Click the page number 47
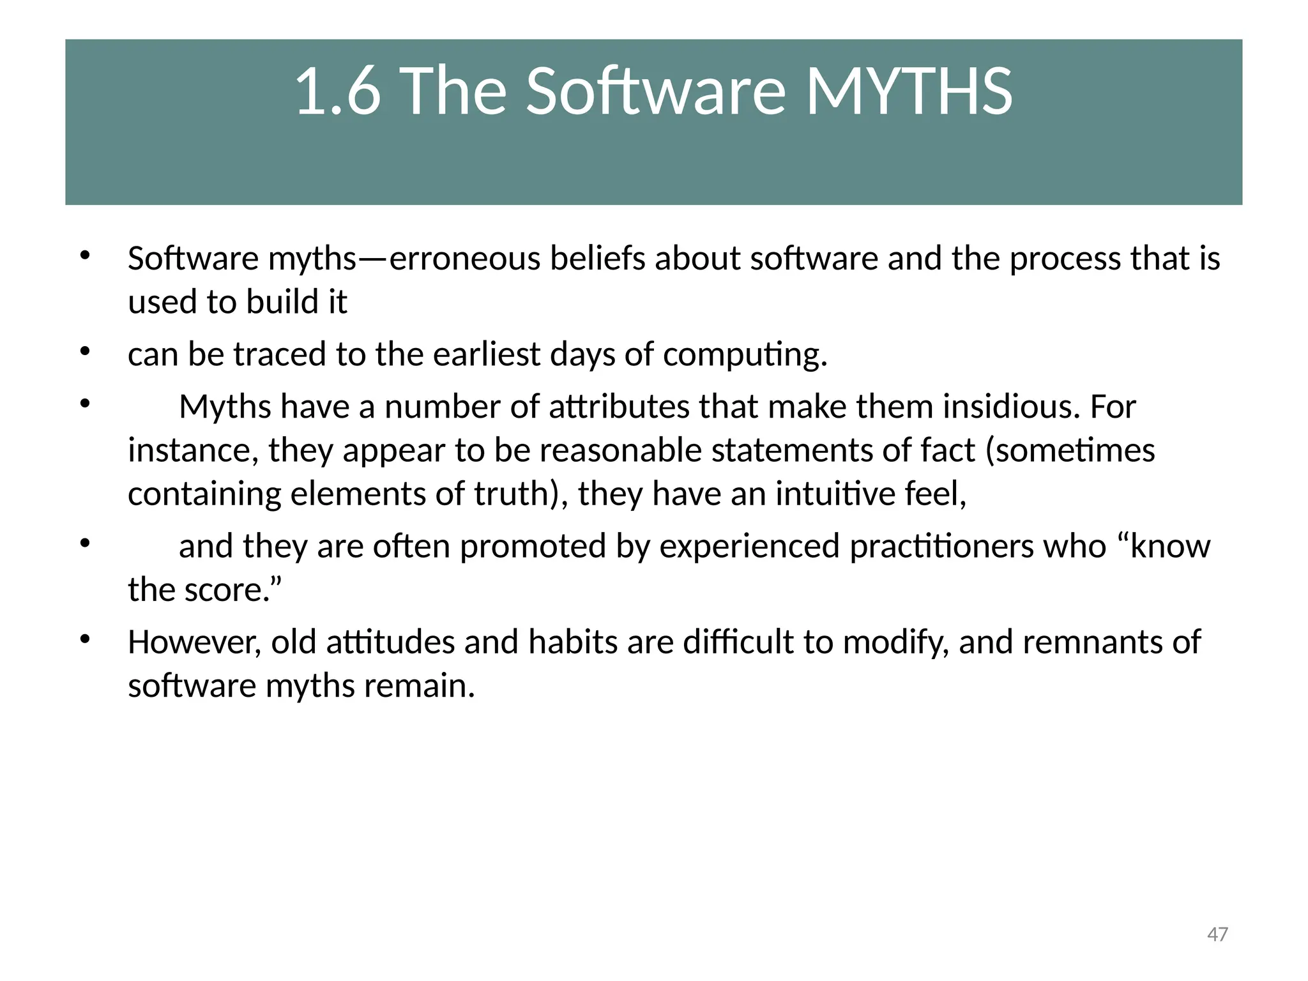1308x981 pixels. (x=1217, y=934)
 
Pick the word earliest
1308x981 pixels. (x=487, y=354)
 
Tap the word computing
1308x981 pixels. (x=745, y=355)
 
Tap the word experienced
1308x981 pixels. (x=749, y=546)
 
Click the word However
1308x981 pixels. (x=194, y=642)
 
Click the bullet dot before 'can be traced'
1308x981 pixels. (x=85, y=351)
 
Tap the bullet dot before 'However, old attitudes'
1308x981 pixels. (x=85, y=639)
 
